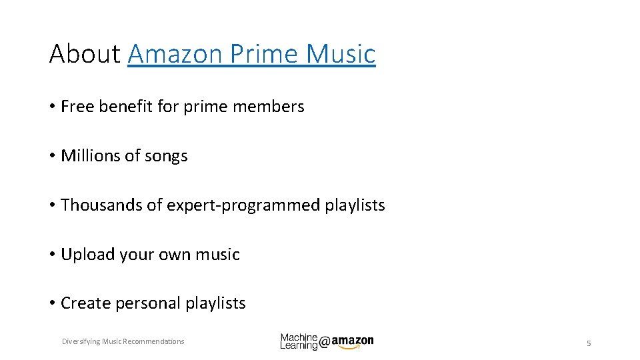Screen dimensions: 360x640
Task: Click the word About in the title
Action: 85,53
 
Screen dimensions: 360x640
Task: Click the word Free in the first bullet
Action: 77,107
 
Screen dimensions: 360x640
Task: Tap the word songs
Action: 166,157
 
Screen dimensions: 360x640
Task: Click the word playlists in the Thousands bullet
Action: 355,205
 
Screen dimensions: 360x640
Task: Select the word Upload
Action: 86,255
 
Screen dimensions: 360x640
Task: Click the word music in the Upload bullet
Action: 217,255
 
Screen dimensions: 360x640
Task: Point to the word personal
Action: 148,303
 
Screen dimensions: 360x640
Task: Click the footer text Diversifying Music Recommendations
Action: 123,341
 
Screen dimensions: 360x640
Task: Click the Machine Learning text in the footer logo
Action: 299,341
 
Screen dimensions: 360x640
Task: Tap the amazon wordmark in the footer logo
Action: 352,341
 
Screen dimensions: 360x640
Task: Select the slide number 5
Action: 589,343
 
